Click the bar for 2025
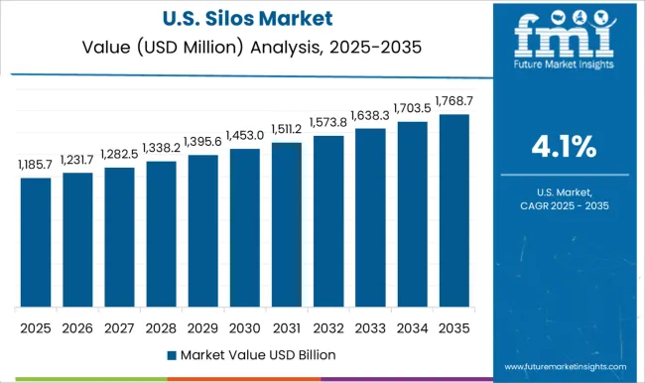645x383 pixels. tap(36, 242)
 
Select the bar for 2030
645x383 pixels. tap(245, 227)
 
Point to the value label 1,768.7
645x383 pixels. tap(453, 102)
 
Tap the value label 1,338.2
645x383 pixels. tap(161, 149)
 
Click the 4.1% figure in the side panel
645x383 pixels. tap(565, 147)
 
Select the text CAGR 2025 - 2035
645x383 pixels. tap(565, 204)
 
